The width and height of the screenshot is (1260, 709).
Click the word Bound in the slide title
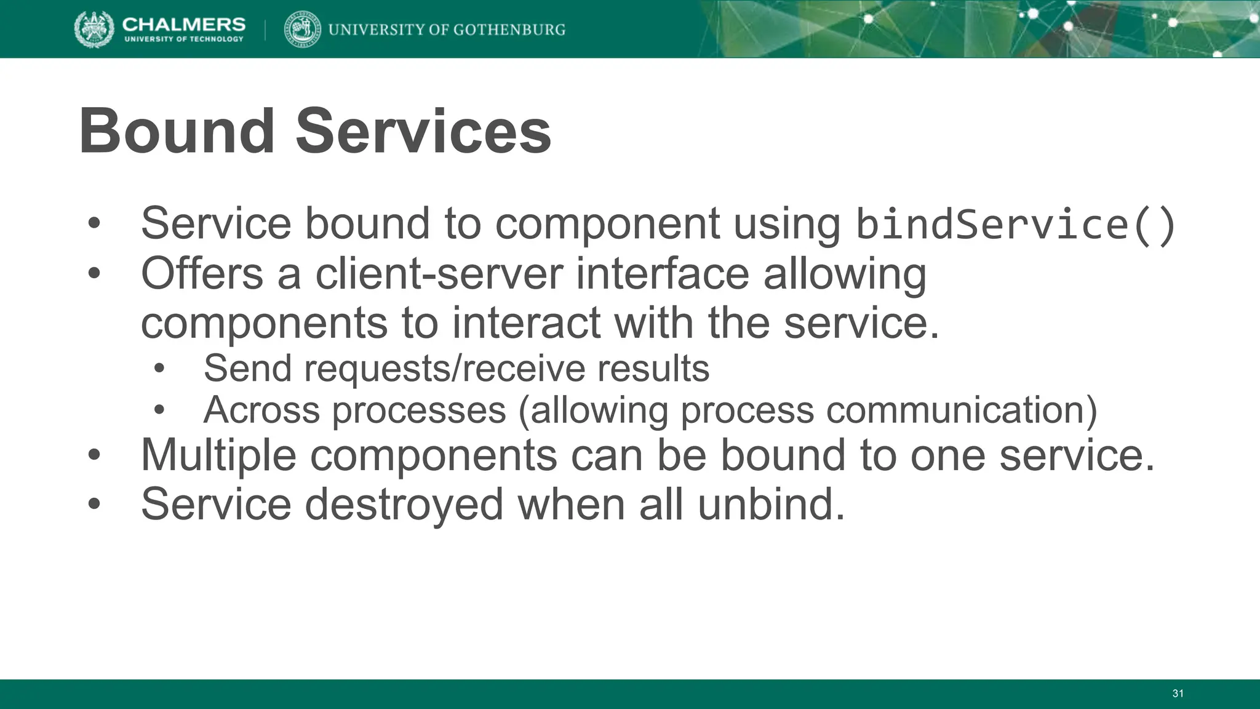[x=177, y=131]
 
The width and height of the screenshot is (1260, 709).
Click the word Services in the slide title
[x=423, y=131]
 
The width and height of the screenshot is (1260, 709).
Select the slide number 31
[x=1178, y=694]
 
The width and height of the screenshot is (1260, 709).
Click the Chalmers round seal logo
[x=94, y=29]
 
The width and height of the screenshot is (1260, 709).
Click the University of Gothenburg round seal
[x=302, y=30]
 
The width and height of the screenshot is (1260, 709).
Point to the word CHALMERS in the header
[x=183, y=24]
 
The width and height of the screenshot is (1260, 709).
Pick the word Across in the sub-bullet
[x=261, y=410]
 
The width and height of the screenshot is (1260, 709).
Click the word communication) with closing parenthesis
[x=961, y=410]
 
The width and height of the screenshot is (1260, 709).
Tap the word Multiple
[x=218, y=455]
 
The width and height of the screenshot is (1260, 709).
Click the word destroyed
[x=404, y=504]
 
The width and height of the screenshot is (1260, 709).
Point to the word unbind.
[x=771, y=504]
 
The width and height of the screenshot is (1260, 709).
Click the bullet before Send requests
[x=159, y=369]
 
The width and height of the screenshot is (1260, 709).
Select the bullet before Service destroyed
[x=94, y=505]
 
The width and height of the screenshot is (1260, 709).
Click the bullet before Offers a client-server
[x=94, y=274]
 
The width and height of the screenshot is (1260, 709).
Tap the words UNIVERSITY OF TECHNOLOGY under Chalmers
[x=184, y=39]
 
